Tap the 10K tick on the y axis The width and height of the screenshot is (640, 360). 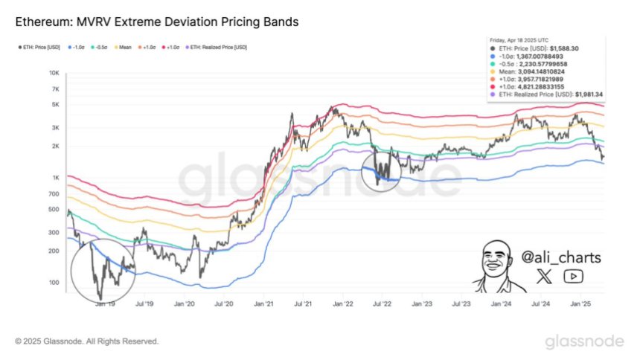coord(54,74)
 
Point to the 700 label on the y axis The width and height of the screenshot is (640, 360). coord(54,194)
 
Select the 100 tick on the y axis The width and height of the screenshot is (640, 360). coord(54,283)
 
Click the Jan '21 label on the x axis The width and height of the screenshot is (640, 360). coord(263,304)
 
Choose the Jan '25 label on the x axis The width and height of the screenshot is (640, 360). coord(580,304)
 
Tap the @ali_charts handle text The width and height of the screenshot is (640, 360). coord(560,257)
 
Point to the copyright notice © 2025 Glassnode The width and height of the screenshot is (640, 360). coord(87,341)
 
